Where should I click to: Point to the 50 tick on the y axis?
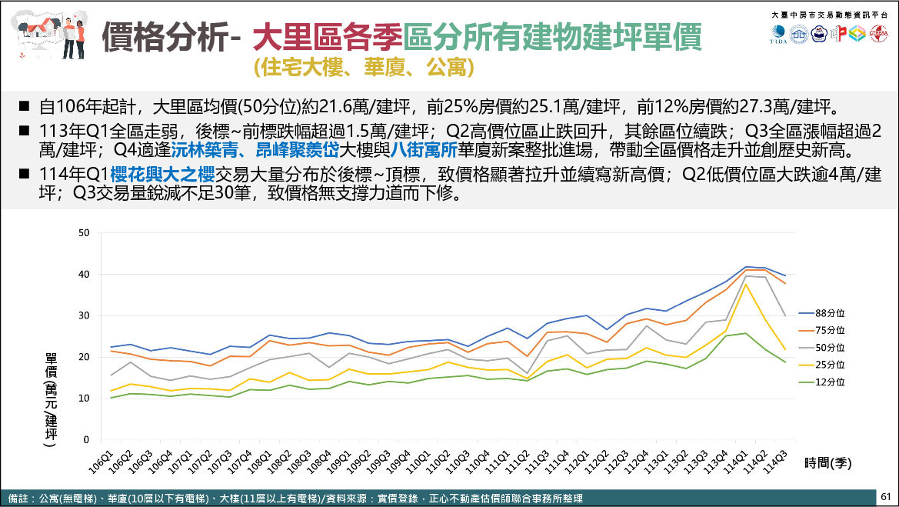click(85, 233)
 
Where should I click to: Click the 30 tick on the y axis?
click(85, 316)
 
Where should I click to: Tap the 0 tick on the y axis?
click(87, 441)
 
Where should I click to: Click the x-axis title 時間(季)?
click(828, 462)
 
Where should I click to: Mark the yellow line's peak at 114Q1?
click(746, 284)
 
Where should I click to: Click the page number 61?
click(885, 497)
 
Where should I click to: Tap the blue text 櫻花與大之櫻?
click(162, 173)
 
